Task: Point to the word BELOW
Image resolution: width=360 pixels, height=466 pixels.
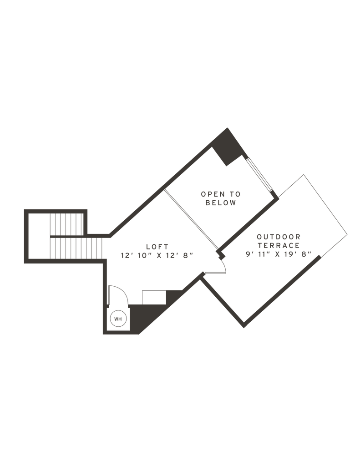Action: [221, 203]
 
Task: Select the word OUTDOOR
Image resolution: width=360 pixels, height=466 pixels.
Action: [279, 237]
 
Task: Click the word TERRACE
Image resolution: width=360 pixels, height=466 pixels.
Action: [279, 246]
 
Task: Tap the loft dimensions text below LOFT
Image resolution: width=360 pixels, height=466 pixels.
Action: [157, 256]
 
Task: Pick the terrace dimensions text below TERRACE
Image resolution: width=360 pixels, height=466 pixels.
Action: [277, 255]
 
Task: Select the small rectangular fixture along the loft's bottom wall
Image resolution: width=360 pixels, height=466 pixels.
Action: [154, 298]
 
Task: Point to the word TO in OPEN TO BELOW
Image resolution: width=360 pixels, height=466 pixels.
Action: [236, 194]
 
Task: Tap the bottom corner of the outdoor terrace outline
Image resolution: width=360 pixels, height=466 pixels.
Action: [246, 327]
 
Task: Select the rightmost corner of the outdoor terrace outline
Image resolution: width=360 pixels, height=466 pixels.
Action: [347, 234]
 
